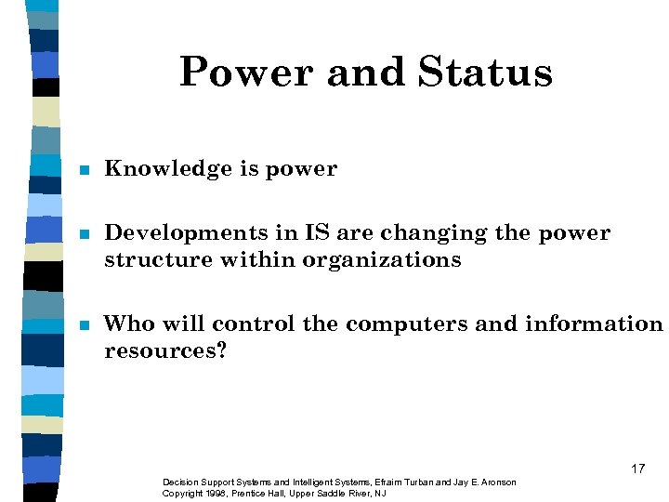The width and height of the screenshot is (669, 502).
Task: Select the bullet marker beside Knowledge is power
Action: (83, 171)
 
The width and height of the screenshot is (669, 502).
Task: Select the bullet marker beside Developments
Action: (83, 234)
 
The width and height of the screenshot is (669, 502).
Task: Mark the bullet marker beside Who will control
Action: (83, 325)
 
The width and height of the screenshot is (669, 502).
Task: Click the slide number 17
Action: (637, 469)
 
